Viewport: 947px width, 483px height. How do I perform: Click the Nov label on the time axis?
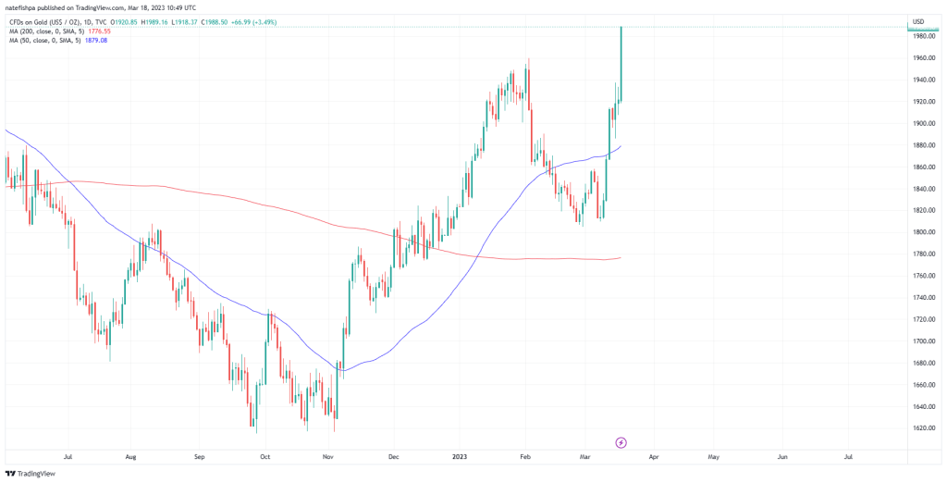327,456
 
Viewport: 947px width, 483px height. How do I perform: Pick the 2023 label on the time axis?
459,456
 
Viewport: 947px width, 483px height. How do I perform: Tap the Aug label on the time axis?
130,456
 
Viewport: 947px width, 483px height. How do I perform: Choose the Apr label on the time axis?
653,456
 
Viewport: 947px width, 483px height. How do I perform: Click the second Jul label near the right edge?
849,456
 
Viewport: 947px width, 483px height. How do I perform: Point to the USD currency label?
918,21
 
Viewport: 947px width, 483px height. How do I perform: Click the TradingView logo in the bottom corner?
31,473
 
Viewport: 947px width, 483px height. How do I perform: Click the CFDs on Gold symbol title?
46,21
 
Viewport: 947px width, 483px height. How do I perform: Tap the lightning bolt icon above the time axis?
621,442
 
